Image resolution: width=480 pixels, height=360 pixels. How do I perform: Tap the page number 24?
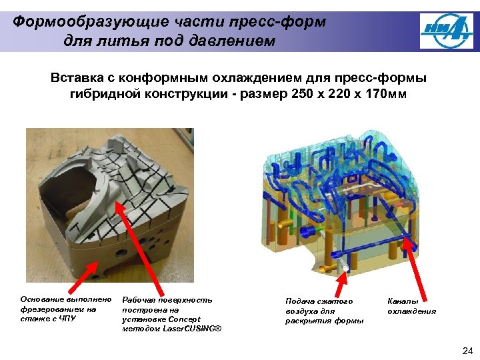(467, 351)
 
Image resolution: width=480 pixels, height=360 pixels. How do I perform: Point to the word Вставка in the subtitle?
(77, 78)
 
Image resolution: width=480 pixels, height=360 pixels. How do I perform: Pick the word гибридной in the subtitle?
(105, 93)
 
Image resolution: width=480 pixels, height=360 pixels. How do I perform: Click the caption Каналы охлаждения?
(411, 306)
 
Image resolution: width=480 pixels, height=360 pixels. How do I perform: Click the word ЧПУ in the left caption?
(68, 319)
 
